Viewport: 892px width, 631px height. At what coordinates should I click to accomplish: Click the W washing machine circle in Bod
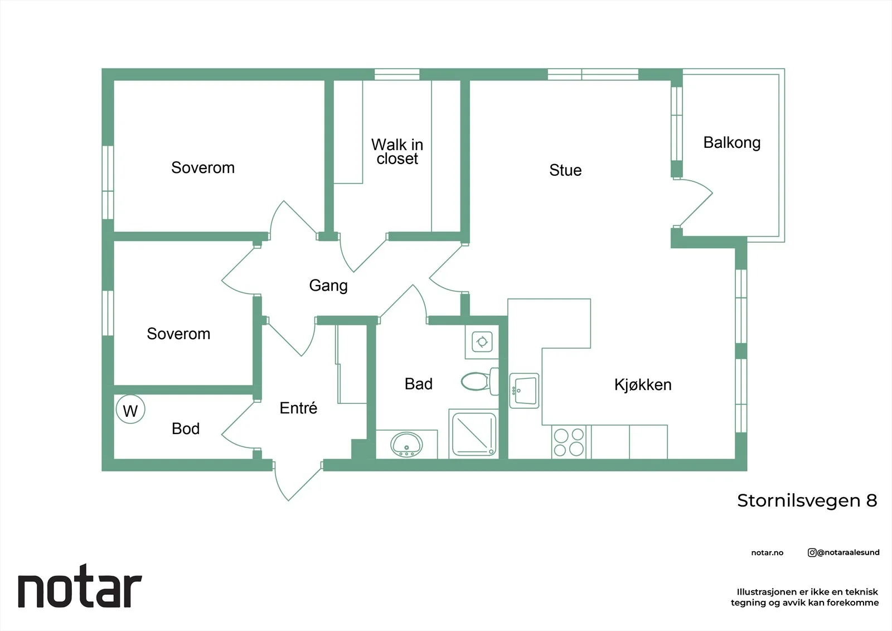(130, 410)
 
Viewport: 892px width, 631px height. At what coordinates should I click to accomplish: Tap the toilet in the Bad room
(480, 382)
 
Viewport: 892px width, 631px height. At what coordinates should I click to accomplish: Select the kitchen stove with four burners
(569, 442)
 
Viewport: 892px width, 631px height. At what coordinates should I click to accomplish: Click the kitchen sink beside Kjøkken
(524, 391)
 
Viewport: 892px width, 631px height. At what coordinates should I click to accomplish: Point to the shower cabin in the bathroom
(473, 433)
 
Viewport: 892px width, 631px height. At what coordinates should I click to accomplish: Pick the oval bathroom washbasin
(406, 445)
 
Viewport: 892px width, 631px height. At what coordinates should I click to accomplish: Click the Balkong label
(732, 143)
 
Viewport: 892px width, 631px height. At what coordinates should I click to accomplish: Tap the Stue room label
(565, 170)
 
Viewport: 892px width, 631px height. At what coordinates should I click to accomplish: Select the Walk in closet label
(397, 151)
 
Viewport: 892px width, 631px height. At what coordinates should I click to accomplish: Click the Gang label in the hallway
(328, 286)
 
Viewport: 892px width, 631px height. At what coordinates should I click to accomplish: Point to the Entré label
(298, 408)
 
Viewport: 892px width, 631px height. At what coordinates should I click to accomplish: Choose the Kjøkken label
(643, 384)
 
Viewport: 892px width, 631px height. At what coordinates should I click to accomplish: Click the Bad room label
(419, 384)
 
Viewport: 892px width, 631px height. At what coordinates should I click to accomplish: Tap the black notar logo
(80, 586)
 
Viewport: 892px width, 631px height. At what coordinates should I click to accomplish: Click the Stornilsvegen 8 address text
(807, 500)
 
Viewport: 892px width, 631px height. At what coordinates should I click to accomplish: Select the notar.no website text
(767, 552)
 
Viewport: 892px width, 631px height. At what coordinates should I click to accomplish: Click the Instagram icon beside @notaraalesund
(812, 552)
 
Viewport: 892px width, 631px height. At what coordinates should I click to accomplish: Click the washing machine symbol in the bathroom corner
(482, 341)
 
